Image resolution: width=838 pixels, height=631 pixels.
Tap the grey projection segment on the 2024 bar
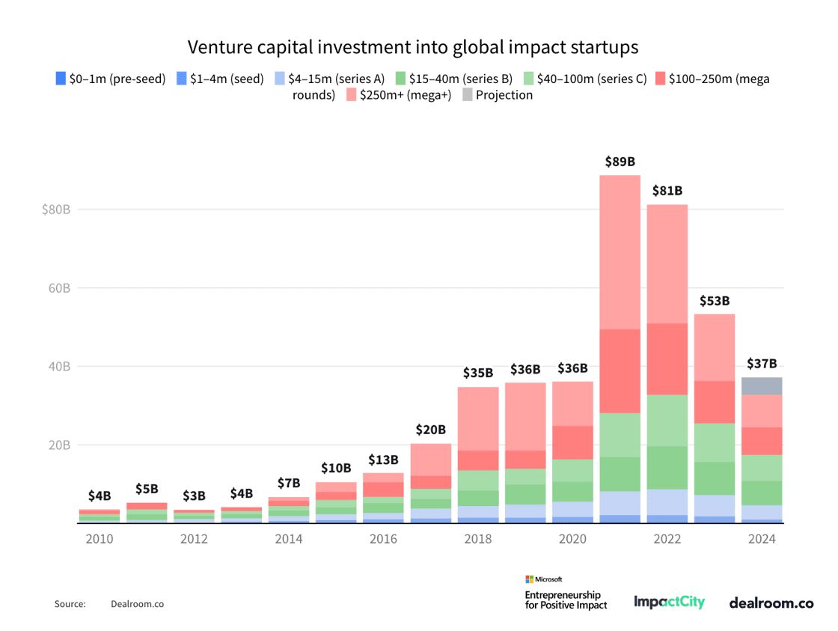click(762, 386)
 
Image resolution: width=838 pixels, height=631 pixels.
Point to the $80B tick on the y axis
click(56, 210)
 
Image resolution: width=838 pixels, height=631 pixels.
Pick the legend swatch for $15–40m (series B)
click(400, 79)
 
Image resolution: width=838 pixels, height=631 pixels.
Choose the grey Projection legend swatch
click(467, 95)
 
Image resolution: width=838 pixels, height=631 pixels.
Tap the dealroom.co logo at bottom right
click(771, 602)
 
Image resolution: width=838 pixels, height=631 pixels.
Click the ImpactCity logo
click(669, 602)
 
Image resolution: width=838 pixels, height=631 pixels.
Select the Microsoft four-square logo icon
click(529, 579)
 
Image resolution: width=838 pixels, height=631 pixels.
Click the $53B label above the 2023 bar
click(715, 301)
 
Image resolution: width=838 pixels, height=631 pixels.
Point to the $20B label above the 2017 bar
click(430, 430)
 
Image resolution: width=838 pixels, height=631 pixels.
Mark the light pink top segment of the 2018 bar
click(478, 418)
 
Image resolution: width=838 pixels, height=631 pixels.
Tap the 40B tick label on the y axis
click(58, 367)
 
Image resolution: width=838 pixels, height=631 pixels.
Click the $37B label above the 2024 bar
click(762, 365)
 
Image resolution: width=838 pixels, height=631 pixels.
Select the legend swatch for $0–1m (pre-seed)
click(61, 79)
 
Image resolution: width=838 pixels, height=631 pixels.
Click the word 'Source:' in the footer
click(70, 603)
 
